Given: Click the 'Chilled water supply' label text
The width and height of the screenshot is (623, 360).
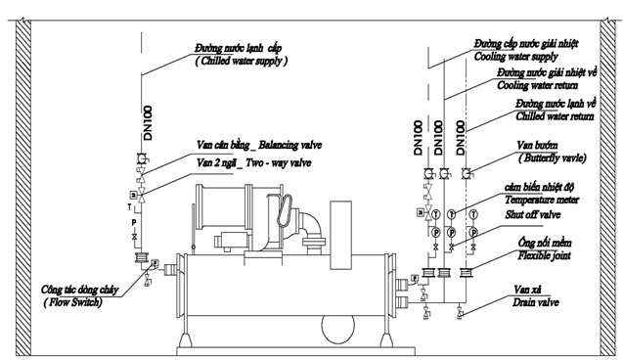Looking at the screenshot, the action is [x=242, y=62].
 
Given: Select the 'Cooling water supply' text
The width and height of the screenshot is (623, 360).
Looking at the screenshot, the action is [x=515, y=57].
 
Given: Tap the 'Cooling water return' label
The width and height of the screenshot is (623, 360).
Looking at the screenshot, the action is [x=538, y=85].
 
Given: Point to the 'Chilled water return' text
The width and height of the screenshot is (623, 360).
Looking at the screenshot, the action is [x=556, y=116].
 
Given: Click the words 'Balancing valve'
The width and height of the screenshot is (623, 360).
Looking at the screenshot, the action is [x=289, y=145].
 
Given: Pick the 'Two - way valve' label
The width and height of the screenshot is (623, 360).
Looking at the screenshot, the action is [x=278, y=163].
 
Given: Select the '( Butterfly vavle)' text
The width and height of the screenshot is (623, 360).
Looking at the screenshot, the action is [x=552, y=158].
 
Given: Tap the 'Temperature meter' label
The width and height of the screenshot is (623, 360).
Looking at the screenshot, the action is [x=542, y=200].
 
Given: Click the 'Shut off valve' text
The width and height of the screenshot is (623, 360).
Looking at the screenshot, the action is [x=533, y=215].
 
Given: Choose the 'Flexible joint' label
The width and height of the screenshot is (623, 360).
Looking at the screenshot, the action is [x=544, y=255].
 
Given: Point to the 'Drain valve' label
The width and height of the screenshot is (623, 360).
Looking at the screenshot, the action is [x=536, y=303].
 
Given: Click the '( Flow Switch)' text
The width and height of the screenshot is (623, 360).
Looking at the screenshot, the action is [x=72, y=303].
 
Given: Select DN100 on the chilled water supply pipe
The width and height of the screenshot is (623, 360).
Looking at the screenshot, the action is [x=148, y=123].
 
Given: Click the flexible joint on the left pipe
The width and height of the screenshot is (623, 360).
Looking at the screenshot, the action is [x=141, y=257].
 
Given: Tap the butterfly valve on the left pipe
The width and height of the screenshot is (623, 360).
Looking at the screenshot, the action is [x=142, y=158].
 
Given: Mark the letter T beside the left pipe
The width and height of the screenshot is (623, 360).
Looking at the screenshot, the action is [x=129, y=207].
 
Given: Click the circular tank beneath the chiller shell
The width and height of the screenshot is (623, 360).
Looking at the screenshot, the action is [x=337, y=329].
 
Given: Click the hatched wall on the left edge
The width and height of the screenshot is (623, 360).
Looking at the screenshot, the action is [x=23, y=188].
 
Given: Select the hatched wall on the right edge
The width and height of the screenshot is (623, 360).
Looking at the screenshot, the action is [x=607, y=188].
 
